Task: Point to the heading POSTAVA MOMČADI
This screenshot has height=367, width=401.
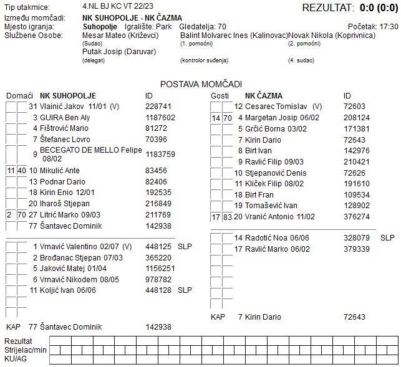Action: click(201, 84)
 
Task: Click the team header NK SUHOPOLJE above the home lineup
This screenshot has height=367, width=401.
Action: click(68, 96)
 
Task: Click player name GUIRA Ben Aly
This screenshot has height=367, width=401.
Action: click(65, 117)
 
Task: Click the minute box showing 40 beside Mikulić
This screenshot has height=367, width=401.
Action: click(21, 170)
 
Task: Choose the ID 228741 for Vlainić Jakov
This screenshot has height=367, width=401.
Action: click(158, 107)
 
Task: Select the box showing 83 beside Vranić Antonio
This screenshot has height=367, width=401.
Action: click(227, 217)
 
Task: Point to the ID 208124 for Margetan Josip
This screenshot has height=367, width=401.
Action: click(357, 117)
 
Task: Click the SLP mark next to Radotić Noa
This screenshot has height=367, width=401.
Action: click(387, 238)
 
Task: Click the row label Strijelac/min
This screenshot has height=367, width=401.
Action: click(26, 350)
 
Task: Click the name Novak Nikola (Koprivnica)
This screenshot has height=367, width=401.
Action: click(332, 36)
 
